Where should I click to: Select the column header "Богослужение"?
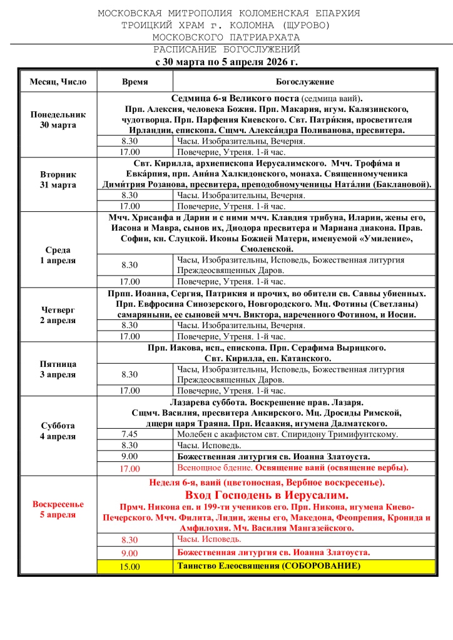(305, 82)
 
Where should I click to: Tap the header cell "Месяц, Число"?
(58, 82)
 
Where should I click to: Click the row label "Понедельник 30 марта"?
(58, 120)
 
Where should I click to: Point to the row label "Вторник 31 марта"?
(58, 180)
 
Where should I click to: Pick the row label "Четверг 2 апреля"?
(58, 315)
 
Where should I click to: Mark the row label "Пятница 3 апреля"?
(58, 369)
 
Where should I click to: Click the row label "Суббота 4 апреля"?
(58, 431)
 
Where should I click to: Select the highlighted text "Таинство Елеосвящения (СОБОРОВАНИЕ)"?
(269, 566)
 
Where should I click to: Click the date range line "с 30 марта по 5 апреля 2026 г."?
(227, 61)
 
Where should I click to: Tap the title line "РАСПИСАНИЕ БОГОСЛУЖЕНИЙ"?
(227, 49)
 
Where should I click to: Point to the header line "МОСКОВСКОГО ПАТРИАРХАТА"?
(227, 37)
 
